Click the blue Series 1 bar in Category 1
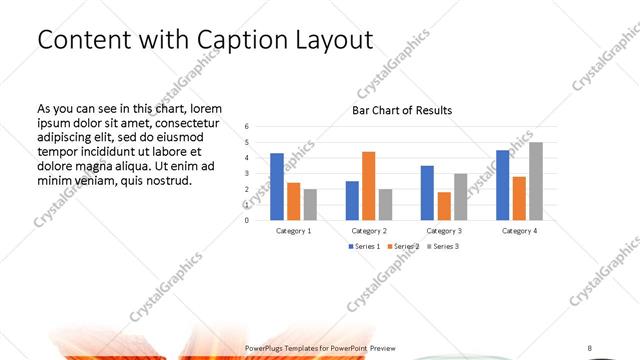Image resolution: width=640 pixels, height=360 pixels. (x=277, y=186)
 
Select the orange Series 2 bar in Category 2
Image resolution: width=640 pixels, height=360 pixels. (x=368, y=185)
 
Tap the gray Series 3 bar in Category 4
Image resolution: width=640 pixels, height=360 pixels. (x=536, y=181)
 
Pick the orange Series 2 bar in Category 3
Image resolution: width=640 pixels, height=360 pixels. (x=443, y=205)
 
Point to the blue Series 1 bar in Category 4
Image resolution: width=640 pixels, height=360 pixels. (x=502, y=185)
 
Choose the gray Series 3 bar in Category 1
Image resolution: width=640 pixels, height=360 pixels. (x=310, y=204)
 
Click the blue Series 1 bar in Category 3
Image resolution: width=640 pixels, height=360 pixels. (x=427, y=192)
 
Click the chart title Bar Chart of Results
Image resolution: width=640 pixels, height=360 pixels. (x=402, y=110)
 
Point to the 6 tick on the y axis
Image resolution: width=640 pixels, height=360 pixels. (x=247, y=127)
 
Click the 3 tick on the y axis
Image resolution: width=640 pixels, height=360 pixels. (x=247, y=173)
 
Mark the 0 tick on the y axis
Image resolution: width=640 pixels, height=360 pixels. (x=247, y=219)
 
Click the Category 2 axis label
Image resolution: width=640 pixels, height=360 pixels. (x=368, y=230)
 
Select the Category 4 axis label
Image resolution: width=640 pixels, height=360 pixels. (x=518, y=230)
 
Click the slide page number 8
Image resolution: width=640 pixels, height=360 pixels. (x=590, y=347)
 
